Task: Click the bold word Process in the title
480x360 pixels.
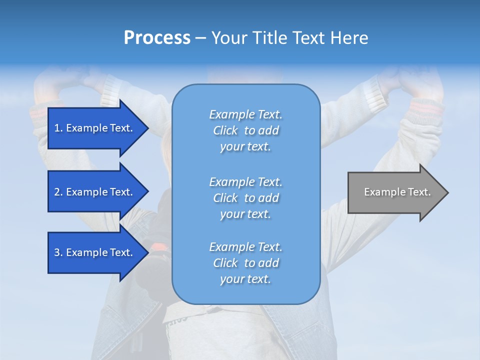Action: point(157,38)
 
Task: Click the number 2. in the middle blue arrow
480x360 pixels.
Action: point(58,192)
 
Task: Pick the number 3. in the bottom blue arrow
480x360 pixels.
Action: point(58,252)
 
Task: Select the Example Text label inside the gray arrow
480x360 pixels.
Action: point(397,192)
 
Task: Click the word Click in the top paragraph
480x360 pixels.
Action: point(225,130)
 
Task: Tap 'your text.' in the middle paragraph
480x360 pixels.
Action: point(245,214)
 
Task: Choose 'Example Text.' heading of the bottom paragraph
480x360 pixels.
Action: point(245,247)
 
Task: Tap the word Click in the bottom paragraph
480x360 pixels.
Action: point(225,263)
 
